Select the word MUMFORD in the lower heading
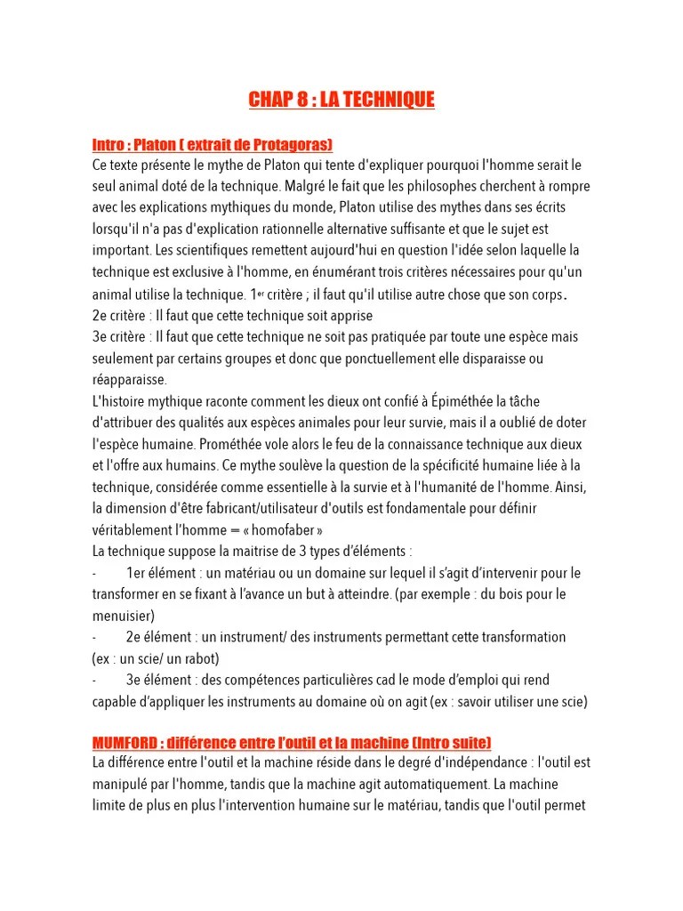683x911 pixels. click(x=125, y=742)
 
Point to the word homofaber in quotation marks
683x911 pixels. click(x=281, y=529)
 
